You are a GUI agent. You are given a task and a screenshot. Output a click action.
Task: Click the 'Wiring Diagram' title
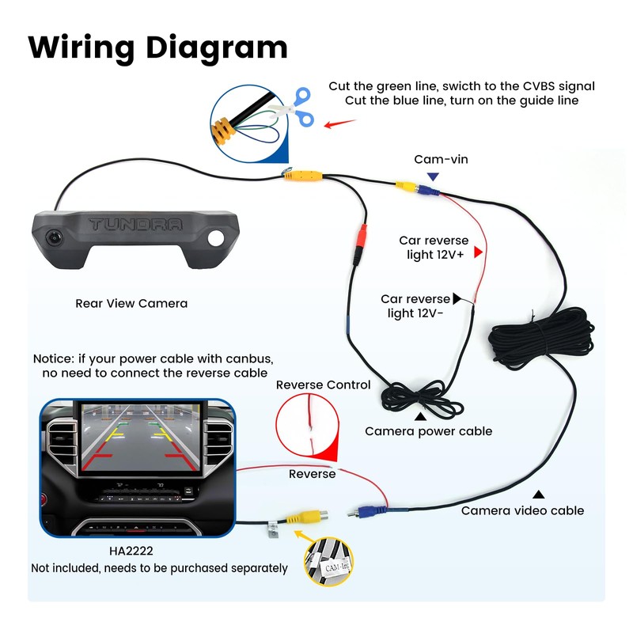click(157, 48)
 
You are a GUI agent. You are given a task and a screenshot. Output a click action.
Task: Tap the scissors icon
click(294, 107)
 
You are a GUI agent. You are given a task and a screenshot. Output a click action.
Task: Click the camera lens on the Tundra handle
click(53, 237)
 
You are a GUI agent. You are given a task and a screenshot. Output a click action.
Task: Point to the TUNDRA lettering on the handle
click(135, 224)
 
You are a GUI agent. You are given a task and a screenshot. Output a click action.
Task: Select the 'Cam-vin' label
click(441, 159)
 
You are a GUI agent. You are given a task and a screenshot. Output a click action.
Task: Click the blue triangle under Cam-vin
click(433, 176)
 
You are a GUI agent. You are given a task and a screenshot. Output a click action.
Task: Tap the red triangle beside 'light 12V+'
click(478, 252)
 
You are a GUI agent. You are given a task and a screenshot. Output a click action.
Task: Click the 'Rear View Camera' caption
click(131, 303)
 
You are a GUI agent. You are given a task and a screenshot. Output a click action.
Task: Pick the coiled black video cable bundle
click(541, 337)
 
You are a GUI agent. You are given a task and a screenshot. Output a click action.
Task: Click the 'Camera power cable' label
click(428, 431)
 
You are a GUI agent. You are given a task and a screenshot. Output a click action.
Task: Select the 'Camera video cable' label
click(522, 510)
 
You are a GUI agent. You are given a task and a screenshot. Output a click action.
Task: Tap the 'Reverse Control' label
click(323, 385)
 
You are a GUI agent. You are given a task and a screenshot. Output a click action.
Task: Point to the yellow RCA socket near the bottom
click(307, 517)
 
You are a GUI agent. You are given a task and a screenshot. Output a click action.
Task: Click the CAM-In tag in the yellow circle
click(337, 567)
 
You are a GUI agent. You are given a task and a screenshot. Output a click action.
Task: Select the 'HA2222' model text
click(131, 551)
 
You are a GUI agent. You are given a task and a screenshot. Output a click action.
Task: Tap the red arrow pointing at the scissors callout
click(340, 123)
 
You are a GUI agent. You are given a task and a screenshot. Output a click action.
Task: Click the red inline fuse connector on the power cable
click(361, 241)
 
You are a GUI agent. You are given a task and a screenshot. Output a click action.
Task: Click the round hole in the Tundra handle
click(216, 238)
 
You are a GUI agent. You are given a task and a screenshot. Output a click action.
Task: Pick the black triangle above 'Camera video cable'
click(538, 495)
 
